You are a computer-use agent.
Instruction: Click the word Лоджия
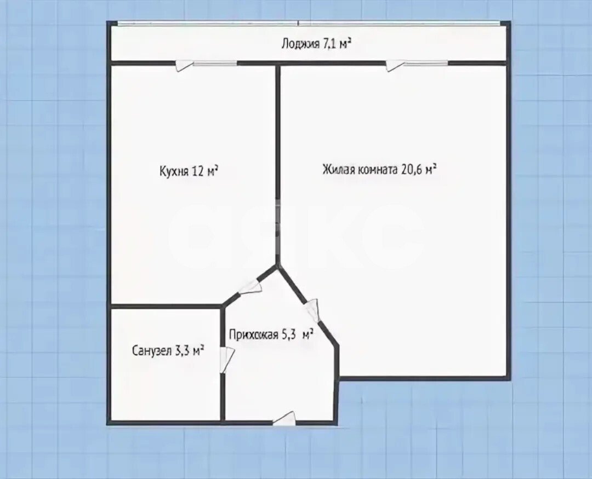click(300, 44)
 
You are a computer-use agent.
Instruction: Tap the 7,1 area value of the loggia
click(330, 44)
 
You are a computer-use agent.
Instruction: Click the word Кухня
click(174, 171)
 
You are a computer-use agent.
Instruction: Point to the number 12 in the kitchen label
click(198, 171)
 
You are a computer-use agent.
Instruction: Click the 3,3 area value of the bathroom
click(181, 351)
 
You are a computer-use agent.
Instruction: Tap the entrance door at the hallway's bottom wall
click(284, 419)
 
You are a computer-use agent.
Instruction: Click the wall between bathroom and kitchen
click(166, 306)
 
